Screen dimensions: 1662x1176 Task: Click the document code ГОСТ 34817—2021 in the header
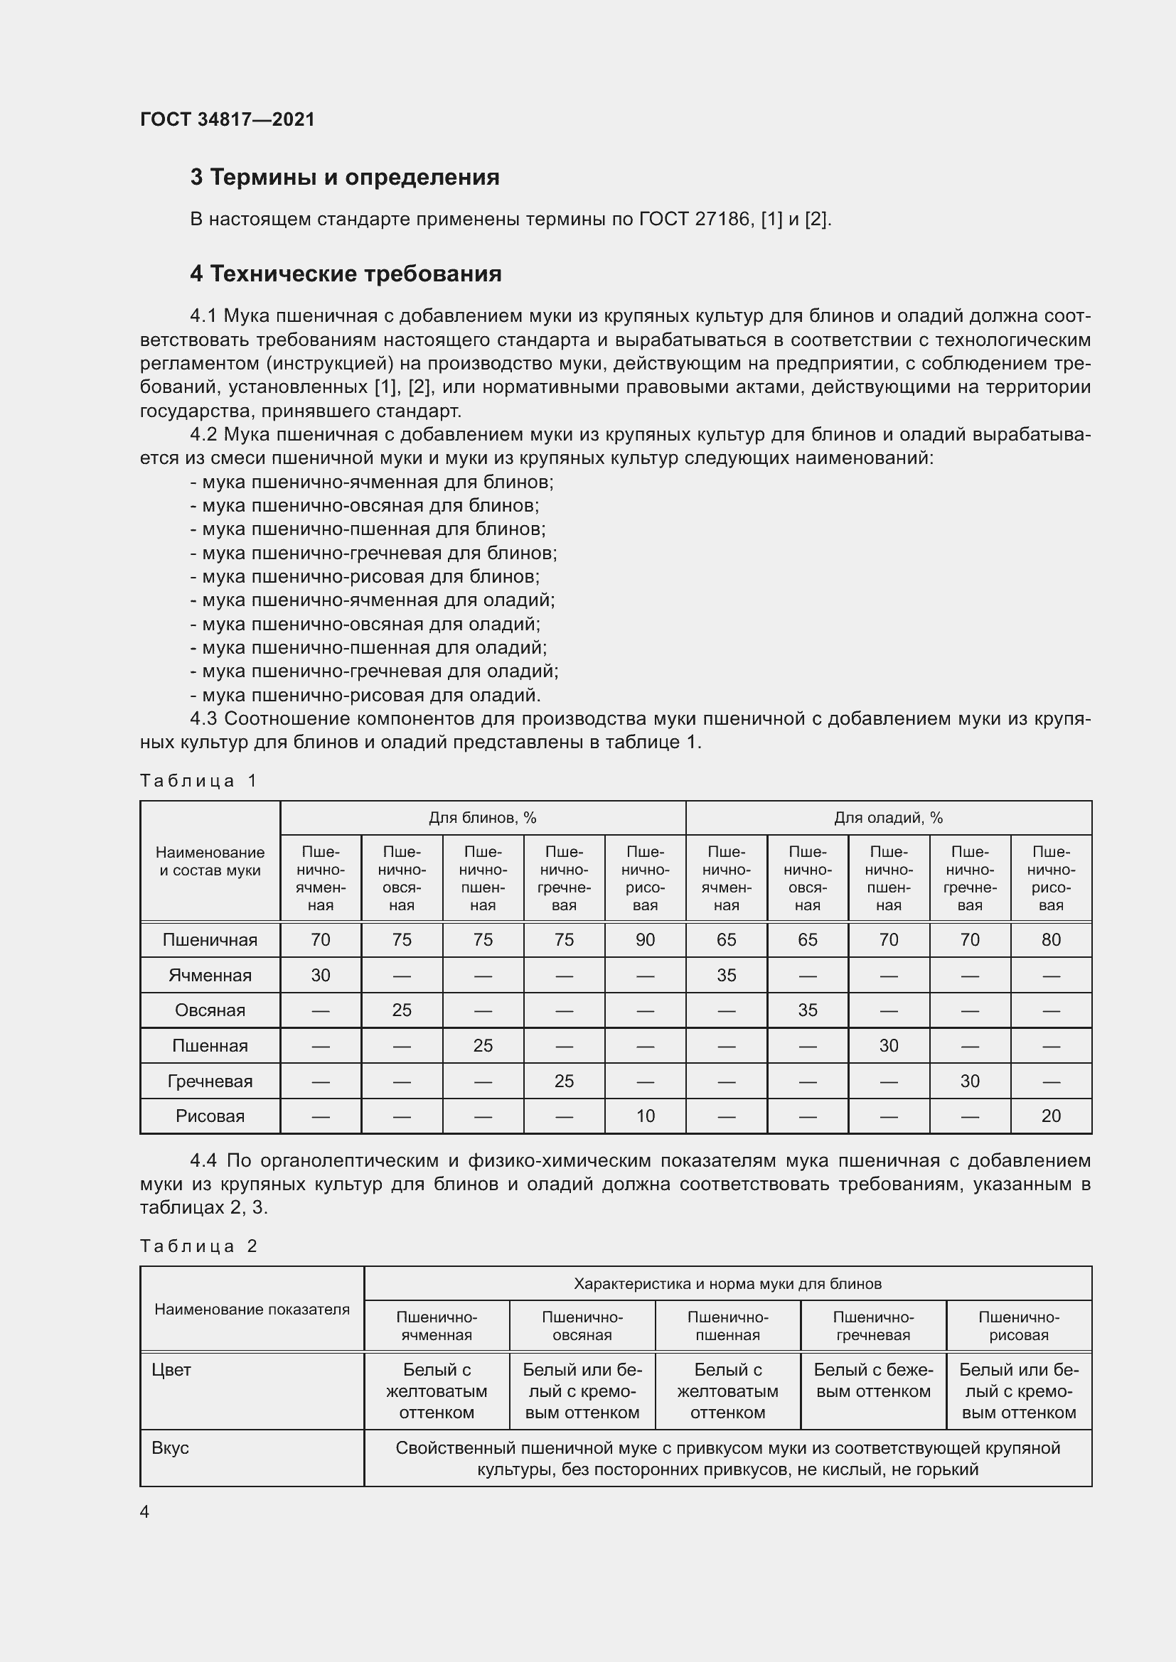228,119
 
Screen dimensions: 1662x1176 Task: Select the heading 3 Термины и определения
345,178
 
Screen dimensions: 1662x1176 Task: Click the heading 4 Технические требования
346,274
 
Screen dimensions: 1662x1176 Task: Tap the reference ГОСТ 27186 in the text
695,219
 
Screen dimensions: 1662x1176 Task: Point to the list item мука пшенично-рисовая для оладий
365,695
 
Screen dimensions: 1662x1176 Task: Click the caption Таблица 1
198,780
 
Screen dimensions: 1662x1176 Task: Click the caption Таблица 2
198,1246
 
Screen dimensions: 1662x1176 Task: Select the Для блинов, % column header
482,818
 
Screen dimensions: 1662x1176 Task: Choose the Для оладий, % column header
888,818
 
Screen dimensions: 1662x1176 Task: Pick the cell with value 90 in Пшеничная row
644,939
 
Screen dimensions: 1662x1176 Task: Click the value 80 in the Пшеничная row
1050,939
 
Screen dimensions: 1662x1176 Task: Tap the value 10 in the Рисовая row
644,1116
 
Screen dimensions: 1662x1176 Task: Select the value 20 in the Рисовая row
1050,1116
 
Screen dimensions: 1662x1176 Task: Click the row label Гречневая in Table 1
210,1081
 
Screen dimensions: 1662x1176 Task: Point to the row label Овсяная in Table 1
210,1010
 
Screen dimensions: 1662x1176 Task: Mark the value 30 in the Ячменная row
320,975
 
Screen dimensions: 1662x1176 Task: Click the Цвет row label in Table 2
171,1369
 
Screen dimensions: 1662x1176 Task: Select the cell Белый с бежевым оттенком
872,1381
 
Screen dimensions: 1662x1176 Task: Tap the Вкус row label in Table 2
170,1448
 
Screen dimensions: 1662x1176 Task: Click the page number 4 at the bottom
144,1511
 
